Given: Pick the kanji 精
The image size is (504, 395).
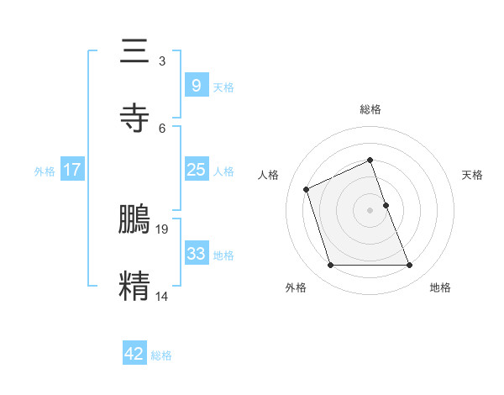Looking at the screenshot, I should coord(134,286).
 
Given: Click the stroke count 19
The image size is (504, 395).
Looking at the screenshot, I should coord(163,229).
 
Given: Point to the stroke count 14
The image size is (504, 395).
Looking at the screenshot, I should coord(163,296).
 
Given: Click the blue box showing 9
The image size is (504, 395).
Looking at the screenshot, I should coord(196,85).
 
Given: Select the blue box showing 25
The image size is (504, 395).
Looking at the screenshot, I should coord(196,170).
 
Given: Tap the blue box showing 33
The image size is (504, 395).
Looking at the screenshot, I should coord(196,254).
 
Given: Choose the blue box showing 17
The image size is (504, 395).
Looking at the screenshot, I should coord(72,170).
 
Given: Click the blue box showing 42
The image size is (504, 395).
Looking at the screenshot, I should coord(134,354).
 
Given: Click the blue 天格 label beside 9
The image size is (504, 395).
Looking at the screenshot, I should coord(223,87).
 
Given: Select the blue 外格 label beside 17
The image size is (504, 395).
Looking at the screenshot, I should coord(45,171).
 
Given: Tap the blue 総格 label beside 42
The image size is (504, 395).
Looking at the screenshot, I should coord(161,355).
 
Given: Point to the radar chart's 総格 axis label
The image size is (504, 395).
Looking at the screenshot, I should coord(370,109).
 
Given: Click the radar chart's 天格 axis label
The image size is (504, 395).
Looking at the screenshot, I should coord(472,175).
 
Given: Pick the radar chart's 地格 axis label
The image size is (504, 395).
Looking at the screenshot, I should coord(440,287).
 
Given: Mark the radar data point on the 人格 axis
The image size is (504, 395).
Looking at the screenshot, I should coord(307,188).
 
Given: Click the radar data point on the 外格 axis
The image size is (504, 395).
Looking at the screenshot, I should coord(330,266).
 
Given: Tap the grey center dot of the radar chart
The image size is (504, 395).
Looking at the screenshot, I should coord(370,210).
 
